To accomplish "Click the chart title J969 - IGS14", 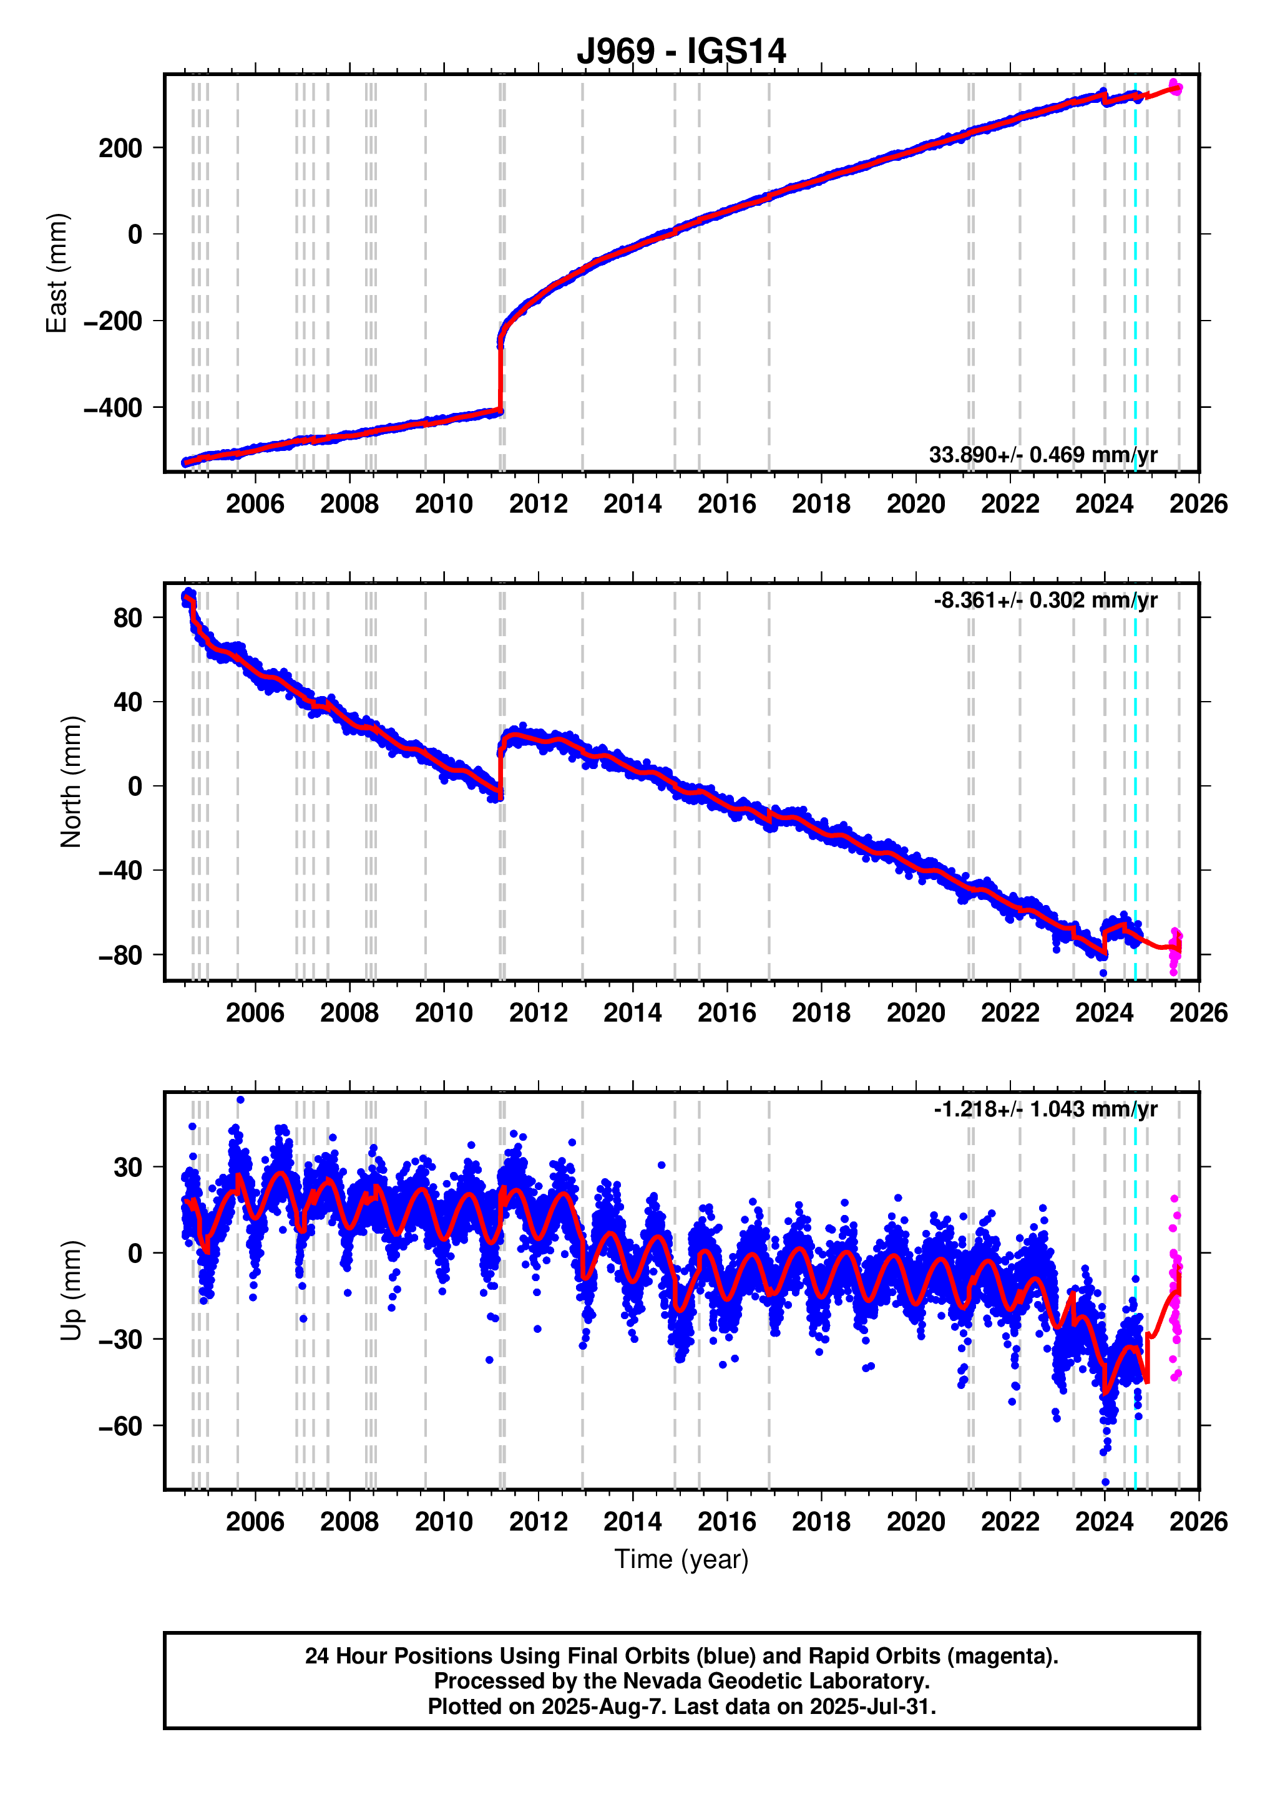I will coord(681,51).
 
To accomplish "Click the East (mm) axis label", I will coord(57,273).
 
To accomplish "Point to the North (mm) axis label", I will coord(71,782).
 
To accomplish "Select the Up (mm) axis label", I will coord(71,1290).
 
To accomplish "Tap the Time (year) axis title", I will coord(681,1559).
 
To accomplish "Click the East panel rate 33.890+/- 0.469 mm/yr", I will coord(1043,455).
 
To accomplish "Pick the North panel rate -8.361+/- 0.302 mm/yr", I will coord(1045,600).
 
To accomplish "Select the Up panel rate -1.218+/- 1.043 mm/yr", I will coord(1045,1108).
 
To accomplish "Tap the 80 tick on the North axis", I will coord(127,618).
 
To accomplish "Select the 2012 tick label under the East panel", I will coord(538,504).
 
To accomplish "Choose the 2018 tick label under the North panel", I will coord(821,1012).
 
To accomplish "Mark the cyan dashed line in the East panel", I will coord(1135,276).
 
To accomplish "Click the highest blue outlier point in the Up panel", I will coord(240,1100).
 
